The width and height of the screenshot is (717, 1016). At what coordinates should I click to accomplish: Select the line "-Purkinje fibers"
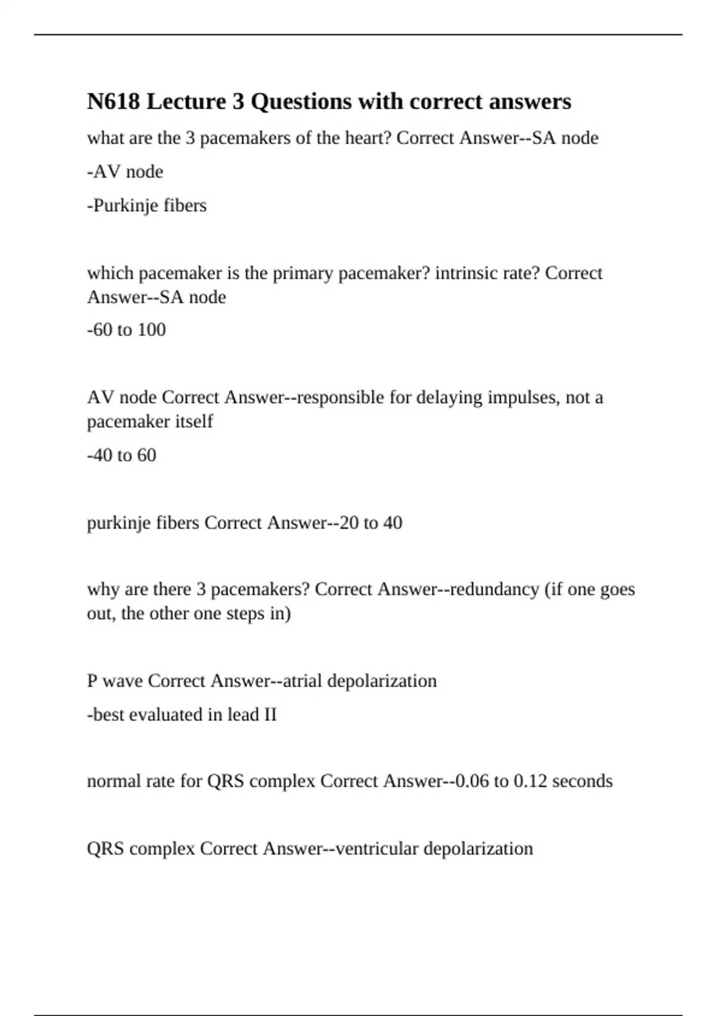click(147, 206)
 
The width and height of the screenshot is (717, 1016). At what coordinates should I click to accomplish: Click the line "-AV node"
click(125, 172)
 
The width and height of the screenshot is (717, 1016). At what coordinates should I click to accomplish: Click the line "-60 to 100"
click(126, 330)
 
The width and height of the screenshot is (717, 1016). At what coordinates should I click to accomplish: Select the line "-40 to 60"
click(121, 455)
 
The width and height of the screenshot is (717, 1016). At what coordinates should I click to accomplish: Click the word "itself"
click(194, 421)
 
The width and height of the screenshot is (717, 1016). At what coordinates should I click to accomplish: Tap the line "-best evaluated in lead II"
click(182, 715)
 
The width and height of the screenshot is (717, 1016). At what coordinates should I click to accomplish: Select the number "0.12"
click(530, 781)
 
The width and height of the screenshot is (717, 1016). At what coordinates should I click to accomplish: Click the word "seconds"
click(583, 781)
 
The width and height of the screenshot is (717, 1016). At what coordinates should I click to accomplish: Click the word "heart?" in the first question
click(368, 138)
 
